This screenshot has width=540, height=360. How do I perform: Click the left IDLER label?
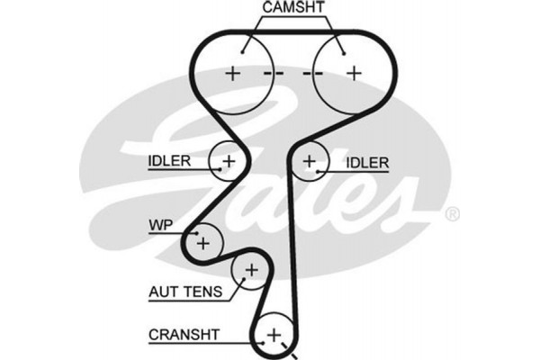169,162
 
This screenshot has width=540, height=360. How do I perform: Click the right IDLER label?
367,163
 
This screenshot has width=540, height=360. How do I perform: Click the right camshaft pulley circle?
352,72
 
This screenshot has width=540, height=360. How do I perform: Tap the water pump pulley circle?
204,241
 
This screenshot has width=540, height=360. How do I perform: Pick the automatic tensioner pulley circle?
251,269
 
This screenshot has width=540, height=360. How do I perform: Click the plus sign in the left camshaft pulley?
233,73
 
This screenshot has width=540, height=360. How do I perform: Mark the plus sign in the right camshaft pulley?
354,73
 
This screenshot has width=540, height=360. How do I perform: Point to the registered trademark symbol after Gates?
453,214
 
